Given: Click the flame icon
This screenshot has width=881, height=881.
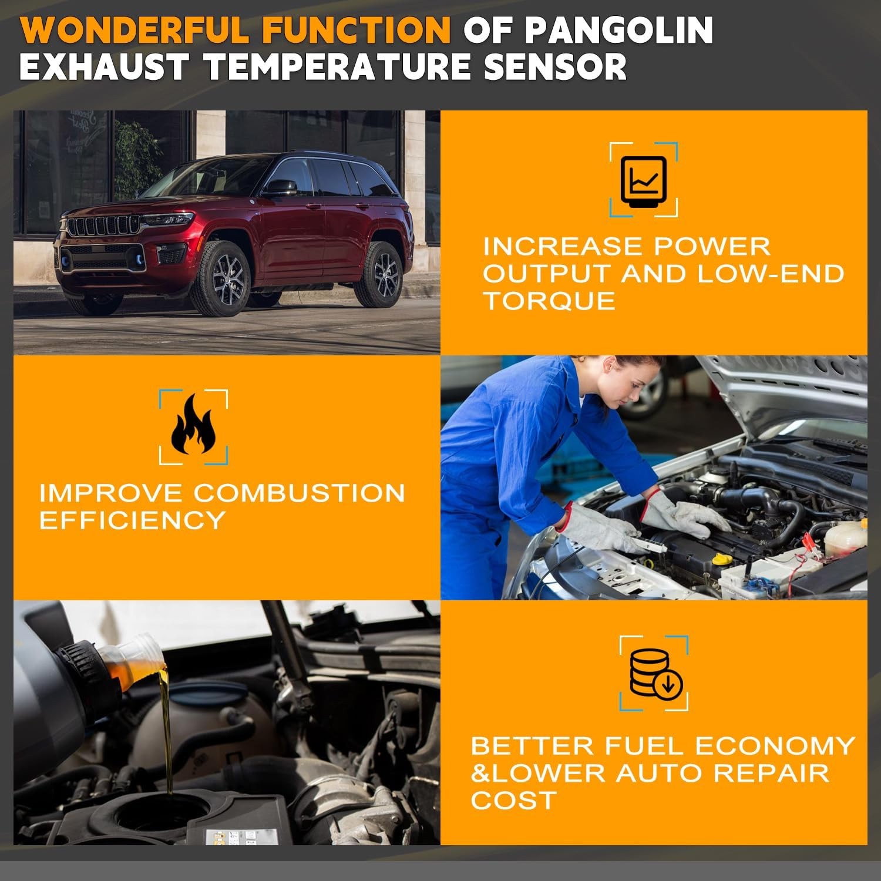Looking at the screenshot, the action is coord(193,424).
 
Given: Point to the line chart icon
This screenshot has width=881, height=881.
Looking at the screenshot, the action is coord(644,180).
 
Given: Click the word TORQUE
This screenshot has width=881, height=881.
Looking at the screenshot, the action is coord(549,301).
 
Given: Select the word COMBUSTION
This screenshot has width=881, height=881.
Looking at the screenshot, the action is coord(300,492).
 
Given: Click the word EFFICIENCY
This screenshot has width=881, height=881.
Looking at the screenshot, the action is coord(132,520).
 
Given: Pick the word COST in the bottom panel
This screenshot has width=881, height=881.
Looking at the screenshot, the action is coord(513,800).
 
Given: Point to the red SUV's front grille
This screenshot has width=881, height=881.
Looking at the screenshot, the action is coord(103,226).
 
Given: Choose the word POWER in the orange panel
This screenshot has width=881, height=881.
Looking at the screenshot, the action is coord(712,246).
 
